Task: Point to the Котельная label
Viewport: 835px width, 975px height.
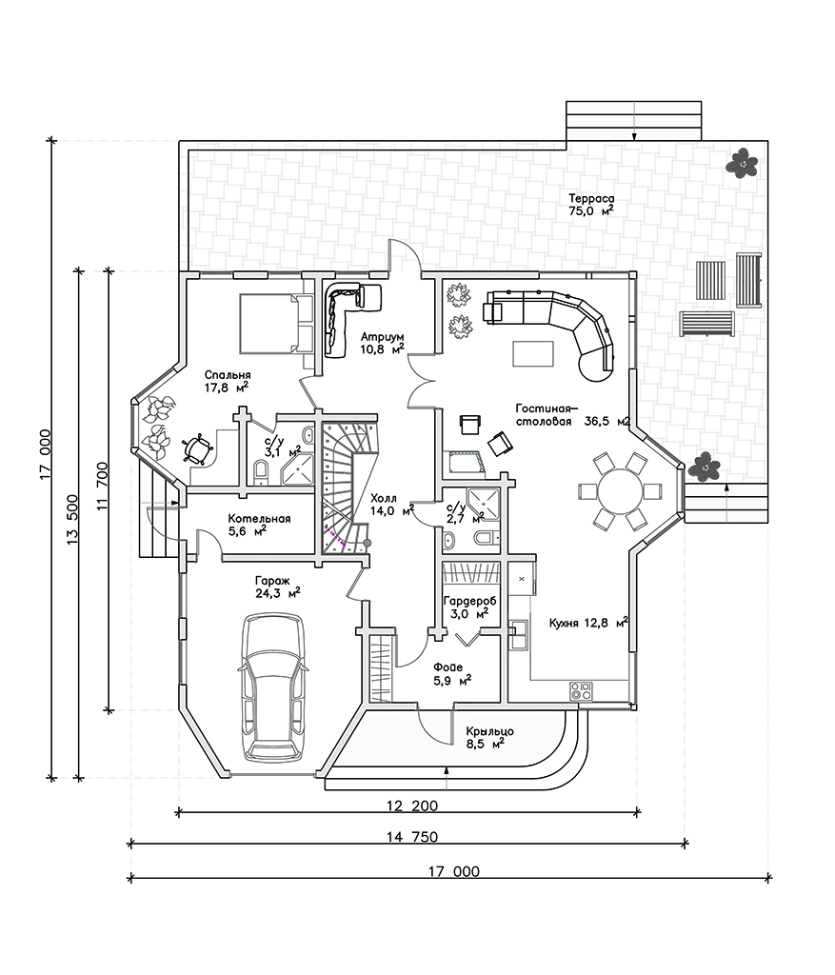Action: pos(259,519)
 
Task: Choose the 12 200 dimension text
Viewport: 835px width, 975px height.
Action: pos(411,806)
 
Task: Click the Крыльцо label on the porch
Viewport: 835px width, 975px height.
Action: pos(490,731)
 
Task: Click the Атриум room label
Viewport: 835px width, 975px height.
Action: pos(383,337)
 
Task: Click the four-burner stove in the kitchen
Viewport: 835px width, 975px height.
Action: pos(581,690)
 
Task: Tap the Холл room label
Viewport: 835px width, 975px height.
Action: pos(384,498)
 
